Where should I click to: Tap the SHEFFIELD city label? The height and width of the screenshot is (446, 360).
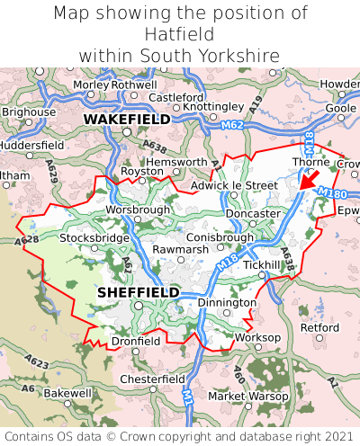coord(138,292)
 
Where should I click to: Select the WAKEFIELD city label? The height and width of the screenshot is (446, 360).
coord(126,119)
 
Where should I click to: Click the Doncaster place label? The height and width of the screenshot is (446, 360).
coord(253,213)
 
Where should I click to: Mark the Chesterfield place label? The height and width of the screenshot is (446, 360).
coord(152,379)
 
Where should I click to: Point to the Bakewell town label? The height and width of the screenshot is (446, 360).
coord(67,393)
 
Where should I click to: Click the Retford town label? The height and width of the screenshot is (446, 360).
coord(319,327)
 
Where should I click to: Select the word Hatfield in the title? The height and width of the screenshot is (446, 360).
coord(180,34)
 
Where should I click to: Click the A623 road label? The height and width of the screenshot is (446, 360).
coord(37,361)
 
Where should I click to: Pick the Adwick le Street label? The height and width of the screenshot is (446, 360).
coord(234,185)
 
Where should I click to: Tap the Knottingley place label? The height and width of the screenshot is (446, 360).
coord(213,106)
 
